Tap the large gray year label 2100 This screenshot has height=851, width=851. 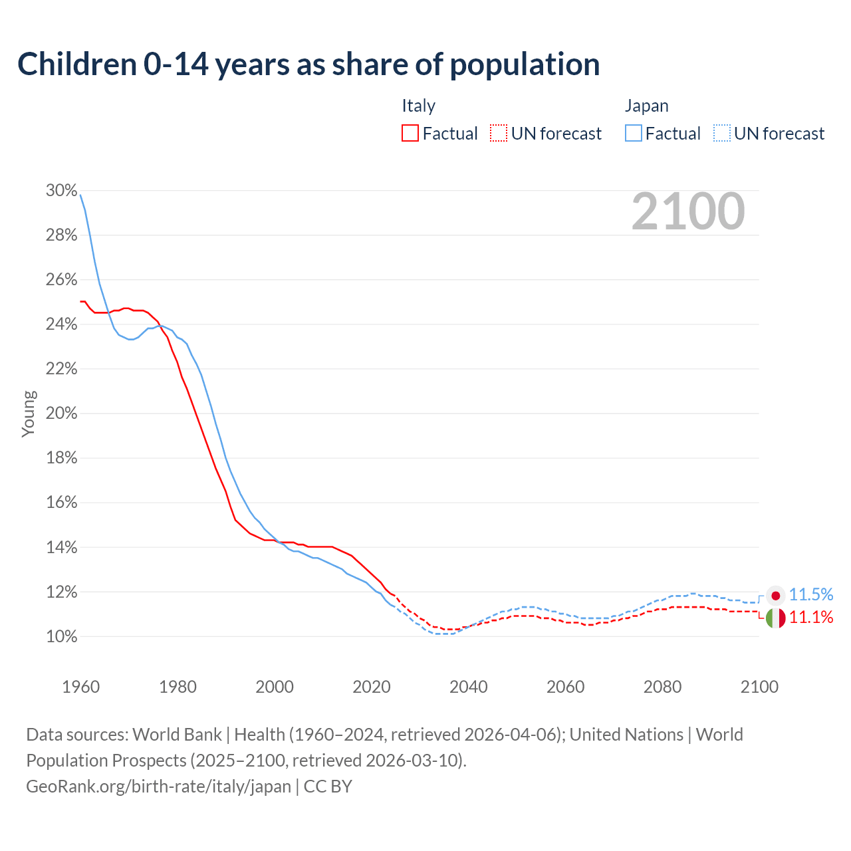pos(687,211)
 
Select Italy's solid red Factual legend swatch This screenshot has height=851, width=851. pos(410,134)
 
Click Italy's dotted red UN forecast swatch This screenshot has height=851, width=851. pos(498,134)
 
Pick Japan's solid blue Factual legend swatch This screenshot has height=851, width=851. pos(633,134)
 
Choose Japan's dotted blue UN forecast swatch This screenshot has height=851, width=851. pos(721,134)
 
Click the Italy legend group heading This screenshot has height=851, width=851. pos(418,106)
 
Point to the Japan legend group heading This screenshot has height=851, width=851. pos(646,106)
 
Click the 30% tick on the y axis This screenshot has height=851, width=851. pos(61,191)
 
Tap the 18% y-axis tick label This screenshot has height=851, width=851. pos(61,458)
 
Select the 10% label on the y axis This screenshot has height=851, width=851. pos(61,637)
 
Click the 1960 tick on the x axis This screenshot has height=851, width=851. pos(80,687)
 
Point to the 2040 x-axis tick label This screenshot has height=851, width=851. pos(468,687)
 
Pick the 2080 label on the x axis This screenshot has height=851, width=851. pos(662,687)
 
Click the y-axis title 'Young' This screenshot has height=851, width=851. pos(28,414)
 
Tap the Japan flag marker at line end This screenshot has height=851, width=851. pos(775,595)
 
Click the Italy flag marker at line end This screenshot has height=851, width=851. pos(775,618)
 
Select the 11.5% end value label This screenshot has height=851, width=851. pos(811,594)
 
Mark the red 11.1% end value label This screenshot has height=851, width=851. pos(811,618)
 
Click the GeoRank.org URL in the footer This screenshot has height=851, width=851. pos(158,787)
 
